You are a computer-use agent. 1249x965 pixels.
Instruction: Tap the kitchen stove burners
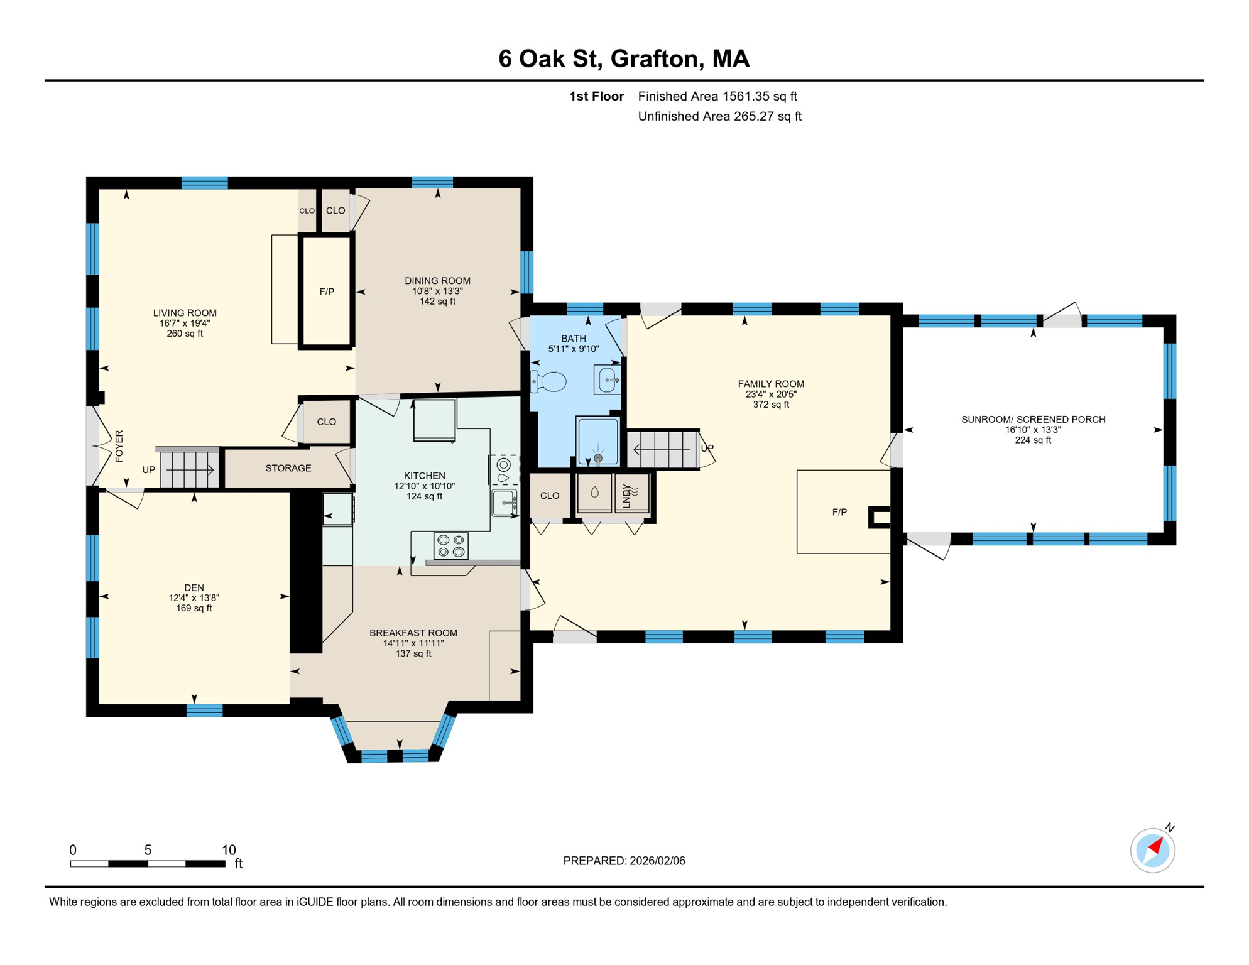451,545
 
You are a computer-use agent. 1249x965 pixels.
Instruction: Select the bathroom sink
608,380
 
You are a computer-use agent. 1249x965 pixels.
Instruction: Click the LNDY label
626,495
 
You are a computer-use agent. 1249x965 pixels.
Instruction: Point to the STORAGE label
288,468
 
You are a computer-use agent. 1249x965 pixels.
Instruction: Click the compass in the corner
1153,850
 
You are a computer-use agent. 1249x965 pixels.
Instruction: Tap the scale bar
148,864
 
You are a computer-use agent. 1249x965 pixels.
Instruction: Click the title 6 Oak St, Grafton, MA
624,58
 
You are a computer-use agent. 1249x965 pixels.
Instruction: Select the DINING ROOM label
437,281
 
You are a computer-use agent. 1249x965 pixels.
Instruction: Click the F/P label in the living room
327,292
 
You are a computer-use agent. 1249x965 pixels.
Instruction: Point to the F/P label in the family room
839,512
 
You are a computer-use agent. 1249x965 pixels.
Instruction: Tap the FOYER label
119,446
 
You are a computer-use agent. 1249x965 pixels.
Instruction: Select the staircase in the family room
663,449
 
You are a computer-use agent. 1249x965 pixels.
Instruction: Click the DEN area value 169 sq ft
194,608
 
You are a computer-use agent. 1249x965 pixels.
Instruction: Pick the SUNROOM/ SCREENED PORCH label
1034,419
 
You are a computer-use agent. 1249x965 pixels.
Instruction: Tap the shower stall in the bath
598,441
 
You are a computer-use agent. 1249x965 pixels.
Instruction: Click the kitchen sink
505,503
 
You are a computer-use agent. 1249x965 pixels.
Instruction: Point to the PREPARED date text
624,861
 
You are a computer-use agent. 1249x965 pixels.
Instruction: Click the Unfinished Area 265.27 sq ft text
719,116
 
